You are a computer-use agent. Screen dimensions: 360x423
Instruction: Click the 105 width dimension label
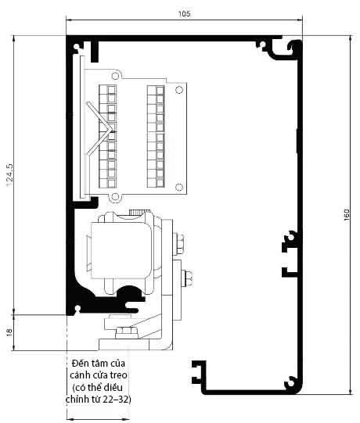click(x=184, y=14)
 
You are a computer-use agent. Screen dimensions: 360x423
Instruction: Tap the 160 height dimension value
click(x=347, y=215)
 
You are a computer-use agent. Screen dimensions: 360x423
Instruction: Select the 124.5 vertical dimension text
click(x=9, y=175)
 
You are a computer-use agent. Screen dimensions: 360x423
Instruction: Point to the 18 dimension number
click(x=9, y=332)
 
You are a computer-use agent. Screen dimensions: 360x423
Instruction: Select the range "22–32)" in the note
click(x=117, y=399)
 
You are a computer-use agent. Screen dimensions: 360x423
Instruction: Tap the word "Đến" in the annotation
click(x=78, y=363)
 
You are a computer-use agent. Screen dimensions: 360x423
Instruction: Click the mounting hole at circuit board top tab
click(x=115, y=76)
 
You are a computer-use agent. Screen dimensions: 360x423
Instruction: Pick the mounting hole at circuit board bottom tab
click(x=115, y=197)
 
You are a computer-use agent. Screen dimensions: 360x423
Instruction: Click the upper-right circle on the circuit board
click(x=179, y=90)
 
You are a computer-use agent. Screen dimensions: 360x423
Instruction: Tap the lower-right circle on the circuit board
click(x=178, y=187)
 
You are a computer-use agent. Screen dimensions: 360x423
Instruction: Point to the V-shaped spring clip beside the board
click(x=100, y=129)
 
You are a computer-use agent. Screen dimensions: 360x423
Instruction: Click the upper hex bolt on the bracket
click(x=179, y=244)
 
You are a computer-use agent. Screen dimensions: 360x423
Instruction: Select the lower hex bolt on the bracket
click(x=187, y=278)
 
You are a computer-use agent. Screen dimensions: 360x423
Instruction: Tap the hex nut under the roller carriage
click(x=127, y=332)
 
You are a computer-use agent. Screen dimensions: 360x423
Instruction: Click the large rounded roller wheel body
click(x=121, y=250)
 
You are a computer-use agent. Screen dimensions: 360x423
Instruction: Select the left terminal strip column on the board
click(x=108, y=137)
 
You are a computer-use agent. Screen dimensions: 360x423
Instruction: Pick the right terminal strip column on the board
click(x=156, y=137)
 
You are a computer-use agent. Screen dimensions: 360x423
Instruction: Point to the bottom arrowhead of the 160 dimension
click(x=351, y=391)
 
